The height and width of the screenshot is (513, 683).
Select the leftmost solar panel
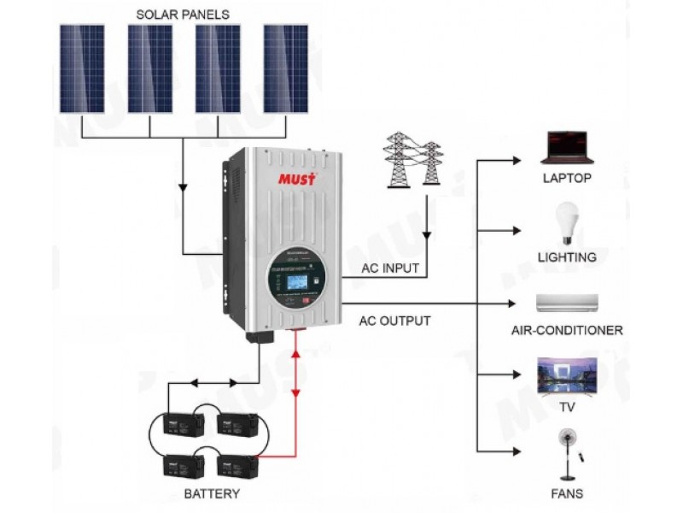point(82,68)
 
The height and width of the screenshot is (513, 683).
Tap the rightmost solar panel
point(286,68)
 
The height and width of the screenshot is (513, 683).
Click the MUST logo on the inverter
point(297,180)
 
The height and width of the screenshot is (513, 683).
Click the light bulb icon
point(566,221)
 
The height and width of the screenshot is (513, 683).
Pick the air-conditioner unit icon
point(567,304)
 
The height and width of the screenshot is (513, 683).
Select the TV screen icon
point(566,376)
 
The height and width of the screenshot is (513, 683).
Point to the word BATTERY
point(212,494)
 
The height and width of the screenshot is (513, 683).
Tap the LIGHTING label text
point(567,256)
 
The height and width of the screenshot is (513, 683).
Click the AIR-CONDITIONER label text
point(567,330)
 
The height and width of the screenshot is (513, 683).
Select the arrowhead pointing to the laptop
point(515,161)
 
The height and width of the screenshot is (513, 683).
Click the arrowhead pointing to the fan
point(515,451)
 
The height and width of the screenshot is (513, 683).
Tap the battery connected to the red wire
point(237,467)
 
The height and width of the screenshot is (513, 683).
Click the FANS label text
point(567,494)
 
